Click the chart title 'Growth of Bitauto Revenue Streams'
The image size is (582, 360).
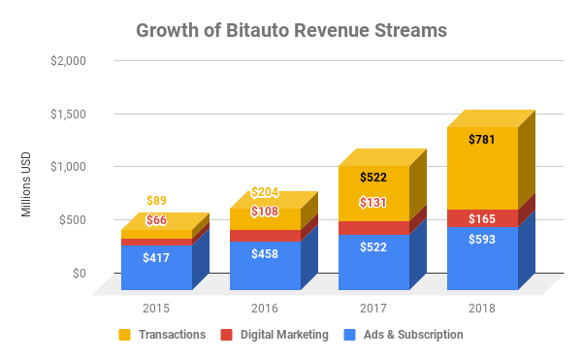coord(291,30)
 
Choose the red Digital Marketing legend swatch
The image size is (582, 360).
coord(226,335)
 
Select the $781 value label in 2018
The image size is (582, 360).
coord(482,140)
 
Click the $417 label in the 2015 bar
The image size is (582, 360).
coord(156,258)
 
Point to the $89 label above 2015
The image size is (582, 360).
coord(156,201)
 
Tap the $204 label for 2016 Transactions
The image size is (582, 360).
coord(265,192)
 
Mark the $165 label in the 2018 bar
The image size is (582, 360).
coord(482,218)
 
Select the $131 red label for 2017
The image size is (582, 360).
coord(373,202)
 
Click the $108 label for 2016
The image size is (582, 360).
coord(265,212)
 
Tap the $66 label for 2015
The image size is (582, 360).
coord(156,220)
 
